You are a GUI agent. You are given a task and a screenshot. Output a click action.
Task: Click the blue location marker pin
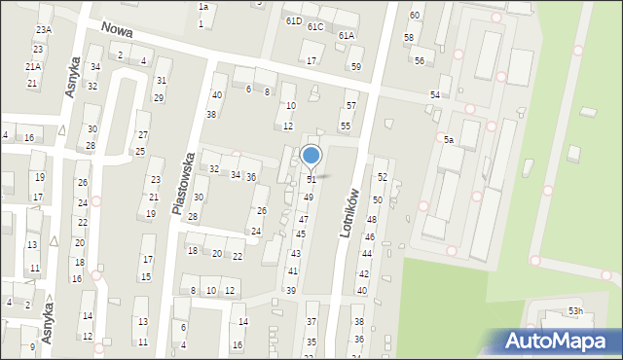coord(311,156)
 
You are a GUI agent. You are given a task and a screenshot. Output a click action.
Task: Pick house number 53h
coord(576,311)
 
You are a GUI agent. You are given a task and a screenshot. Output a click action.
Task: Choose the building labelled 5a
coord(449,140)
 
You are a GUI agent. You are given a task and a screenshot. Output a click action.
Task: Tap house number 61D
coord(293,20)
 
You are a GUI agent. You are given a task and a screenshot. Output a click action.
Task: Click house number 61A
coord(347,35)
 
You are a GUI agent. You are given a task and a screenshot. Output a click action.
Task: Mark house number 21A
coord(33,66)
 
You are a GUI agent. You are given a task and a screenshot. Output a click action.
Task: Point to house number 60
coord(415,16)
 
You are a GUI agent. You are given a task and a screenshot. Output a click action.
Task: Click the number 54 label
coord(435,94)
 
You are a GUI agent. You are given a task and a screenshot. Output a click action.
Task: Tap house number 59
coord(356,66)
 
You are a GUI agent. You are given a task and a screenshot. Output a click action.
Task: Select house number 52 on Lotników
coord(383,177)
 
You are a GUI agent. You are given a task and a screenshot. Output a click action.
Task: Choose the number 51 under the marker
coord(311,180)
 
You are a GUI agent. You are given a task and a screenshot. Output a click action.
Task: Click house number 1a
coord(203,7)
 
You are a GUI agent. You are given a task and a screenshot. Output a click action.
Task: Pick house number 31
coord(162,81)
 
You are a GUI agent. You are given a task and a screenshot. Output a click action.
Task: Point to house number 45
coord(301,234)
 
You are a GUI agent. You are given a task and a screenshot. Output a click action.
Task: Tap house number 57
coord(351,105)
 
